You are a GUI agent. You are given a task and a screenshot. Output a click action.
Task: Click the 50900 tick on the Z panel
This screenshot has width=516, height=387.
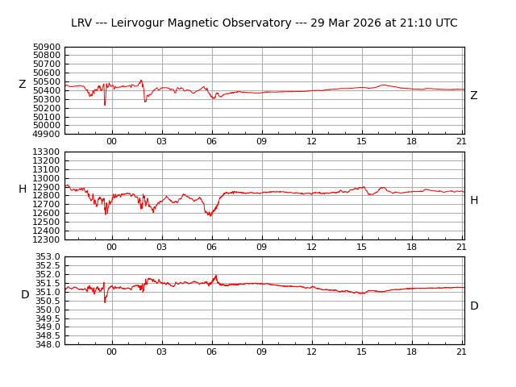point(47,47)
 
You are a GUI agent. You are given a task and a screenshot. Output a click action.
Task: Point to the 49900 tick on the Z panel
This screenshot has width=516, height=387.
point(47,134)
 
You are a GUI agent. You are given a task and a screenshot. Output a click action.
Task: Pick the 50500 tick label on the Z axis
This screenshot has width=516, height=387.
point(47,81)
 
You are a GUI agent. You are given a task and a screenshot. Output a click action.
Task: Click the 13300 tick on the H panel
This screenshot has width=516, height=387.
point(47,152)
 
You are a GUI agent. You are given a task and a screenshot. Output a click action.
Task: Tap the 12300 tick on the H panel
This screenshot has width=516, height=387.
point(47,239)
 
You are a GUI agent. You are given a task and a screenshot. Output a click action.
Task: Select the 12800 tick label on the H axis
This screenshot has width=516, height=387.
point(47,195)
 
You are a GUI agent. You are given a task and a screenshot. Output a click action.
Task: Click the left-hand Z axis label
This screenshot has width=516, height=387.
point(22,85)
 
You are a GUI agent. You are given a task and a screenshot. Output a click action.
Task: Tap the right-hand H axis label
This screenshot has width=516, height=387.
point(473,201)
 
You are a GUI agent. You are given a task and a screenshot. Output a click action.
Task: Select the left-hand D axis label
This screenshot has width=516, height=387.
point(25,295)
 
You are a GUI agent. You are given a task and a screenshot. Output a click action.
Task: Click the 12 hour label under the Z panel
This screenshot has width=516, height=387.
point(312,142)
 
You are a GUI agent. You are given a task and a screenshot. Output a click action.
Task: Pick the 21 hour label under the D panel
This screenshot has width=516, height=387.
point(462,352)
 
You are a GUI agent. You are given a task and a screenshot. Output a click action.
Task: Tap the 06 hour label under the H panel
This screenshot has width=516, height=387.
point(212,247)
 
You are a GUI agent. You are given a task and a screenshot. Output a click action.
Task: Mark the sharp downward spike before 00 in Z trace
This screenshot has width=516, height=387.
point(104,105)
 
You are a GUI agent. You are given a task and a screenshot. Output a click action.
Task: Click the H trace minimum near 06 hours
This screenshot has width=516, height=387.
point(210,215)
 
